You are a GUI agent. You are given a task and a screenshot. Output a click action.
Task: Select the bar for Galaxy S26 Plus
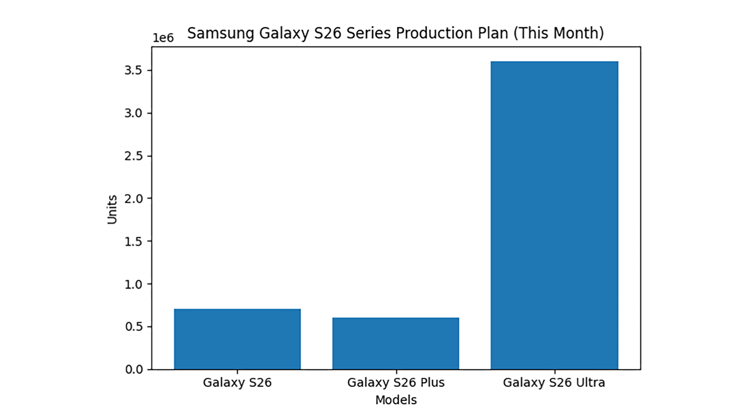coord(396,343)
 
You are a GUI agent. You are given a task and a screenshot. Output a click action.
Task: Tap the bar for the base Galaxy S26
coord(237,339)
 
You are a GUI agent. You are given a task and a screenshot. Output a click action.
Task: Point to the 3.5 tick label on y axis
coord(133,70)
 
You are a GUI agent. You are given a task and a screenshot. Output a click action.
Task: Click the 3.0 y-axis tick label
coord(133,113)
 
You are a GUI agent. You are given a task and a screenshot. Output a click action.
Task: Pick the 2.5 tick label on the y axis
coord(133,156)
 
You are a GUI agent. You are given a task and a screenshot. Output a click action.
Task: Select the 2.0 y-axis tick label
coord(133,199)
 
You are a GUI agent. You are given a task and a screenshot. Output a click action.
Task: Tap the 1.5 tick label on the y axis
coord(133,242)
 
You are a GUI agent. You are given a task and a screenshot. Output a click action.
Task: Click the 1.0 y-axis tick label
coord(133,284)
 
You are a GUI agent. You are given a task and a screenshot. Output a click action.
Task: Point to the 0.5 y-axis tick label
coord(133,327)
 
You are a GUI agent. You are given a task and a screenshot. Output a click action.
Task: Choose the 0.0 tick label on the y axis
coord(133,369)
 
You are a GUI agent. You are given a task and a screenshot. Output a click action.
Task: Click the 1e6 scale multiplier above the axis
coord(163,38)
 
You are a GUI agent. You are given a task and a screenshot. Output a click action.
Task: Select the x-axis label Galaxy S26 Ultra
coord(554,383)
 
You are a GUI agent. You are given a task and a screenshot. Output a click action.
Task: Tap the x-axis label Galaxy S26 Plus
coord(396,383)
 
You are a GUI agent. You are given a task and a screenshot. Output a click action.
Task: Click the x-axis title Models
coord(396,400)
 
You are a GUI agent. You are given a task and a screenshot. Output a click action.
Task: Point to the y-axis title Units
coord(112,209)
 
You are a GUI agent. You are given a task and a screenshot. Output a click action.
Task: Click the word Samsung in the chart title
coord(221,33)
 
